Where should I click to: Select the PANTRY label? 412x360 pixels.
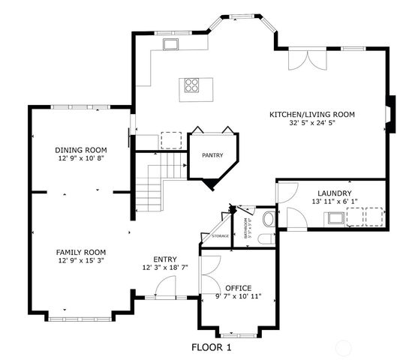pos(213,155)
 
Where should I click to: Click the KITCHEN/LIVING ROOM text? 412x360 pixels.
pos(311,115)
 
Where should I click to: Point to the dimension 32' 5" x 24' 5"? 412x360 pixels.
pos(311,124)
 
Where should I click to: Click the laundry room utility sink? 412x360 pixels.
pos(334,218)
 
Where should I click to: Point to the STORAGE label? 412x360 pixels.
pos(220,236)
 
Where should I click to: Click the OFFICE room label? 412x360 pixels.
pos(238,288)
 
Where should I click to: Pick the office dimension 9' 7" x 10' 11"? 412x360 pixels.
pos(238,297)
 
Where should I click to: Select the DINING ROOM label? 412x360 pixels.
pos(81,149)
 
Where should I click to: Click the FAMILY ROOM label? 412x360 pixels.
pos(80,252)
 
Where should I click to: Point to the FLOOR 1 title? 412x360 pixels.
pos(212,347)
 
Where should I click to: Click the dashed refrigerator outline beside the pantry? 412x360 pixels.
pos(172,140)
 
